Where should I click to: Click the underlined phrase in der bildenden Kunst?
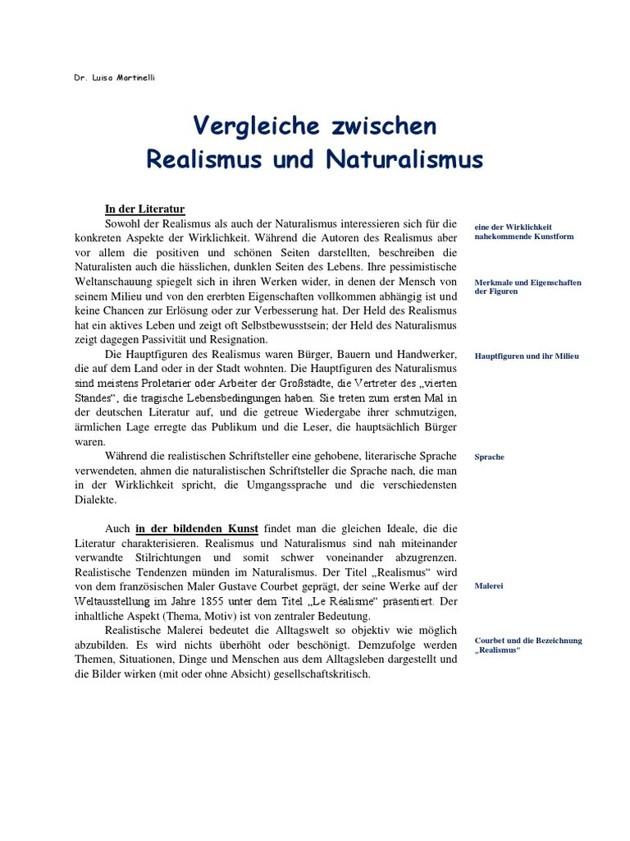tap(197, 528)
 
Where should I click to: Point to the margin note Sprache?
tap(489, 457)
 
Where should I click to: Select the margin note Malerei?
tap(489, 586)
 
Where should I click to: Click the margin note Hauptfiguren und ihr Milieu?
tap(527, 356)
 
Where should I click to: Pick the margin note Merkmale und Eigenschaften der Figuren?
tap(527, 287)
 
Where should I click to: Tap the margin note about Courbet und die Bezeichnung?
tap(527, 645)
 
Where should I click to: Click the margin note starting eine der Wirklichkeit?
tap(523, 231)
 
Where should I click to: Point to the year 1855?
tap(234, 601)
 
